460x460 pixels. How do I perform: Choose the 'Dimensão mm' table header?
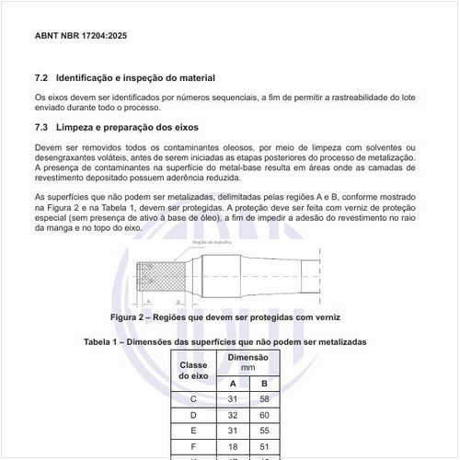pyautogui.click(x=247, y=362)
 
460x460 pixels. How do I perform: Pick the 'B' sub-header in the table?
pyautogui.click(x=264, y=383)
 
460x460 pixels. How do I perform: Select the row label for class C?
pyautogui.click(x=193, y=399)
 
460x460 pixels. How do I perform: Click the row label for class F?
pyautogui.click(x=193, y=446)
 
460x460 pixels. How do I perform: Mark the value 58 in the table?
pyautogui.click(x=264, y=399)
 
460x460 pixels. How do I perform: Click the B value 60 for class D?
pyautogui.click(x=264, y=415)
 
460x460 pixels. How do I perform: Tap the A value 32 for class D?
pyautogui.click(x=233, y=415)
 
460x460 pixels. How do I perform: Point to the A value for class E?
pyautogui.click(x=233, y=431)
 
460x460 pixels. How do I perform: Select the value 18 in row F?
pyautogui.click(x=233, y=446)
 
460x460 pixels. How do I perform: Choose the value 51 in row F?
pyautogui.click(x=264, y=446)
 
